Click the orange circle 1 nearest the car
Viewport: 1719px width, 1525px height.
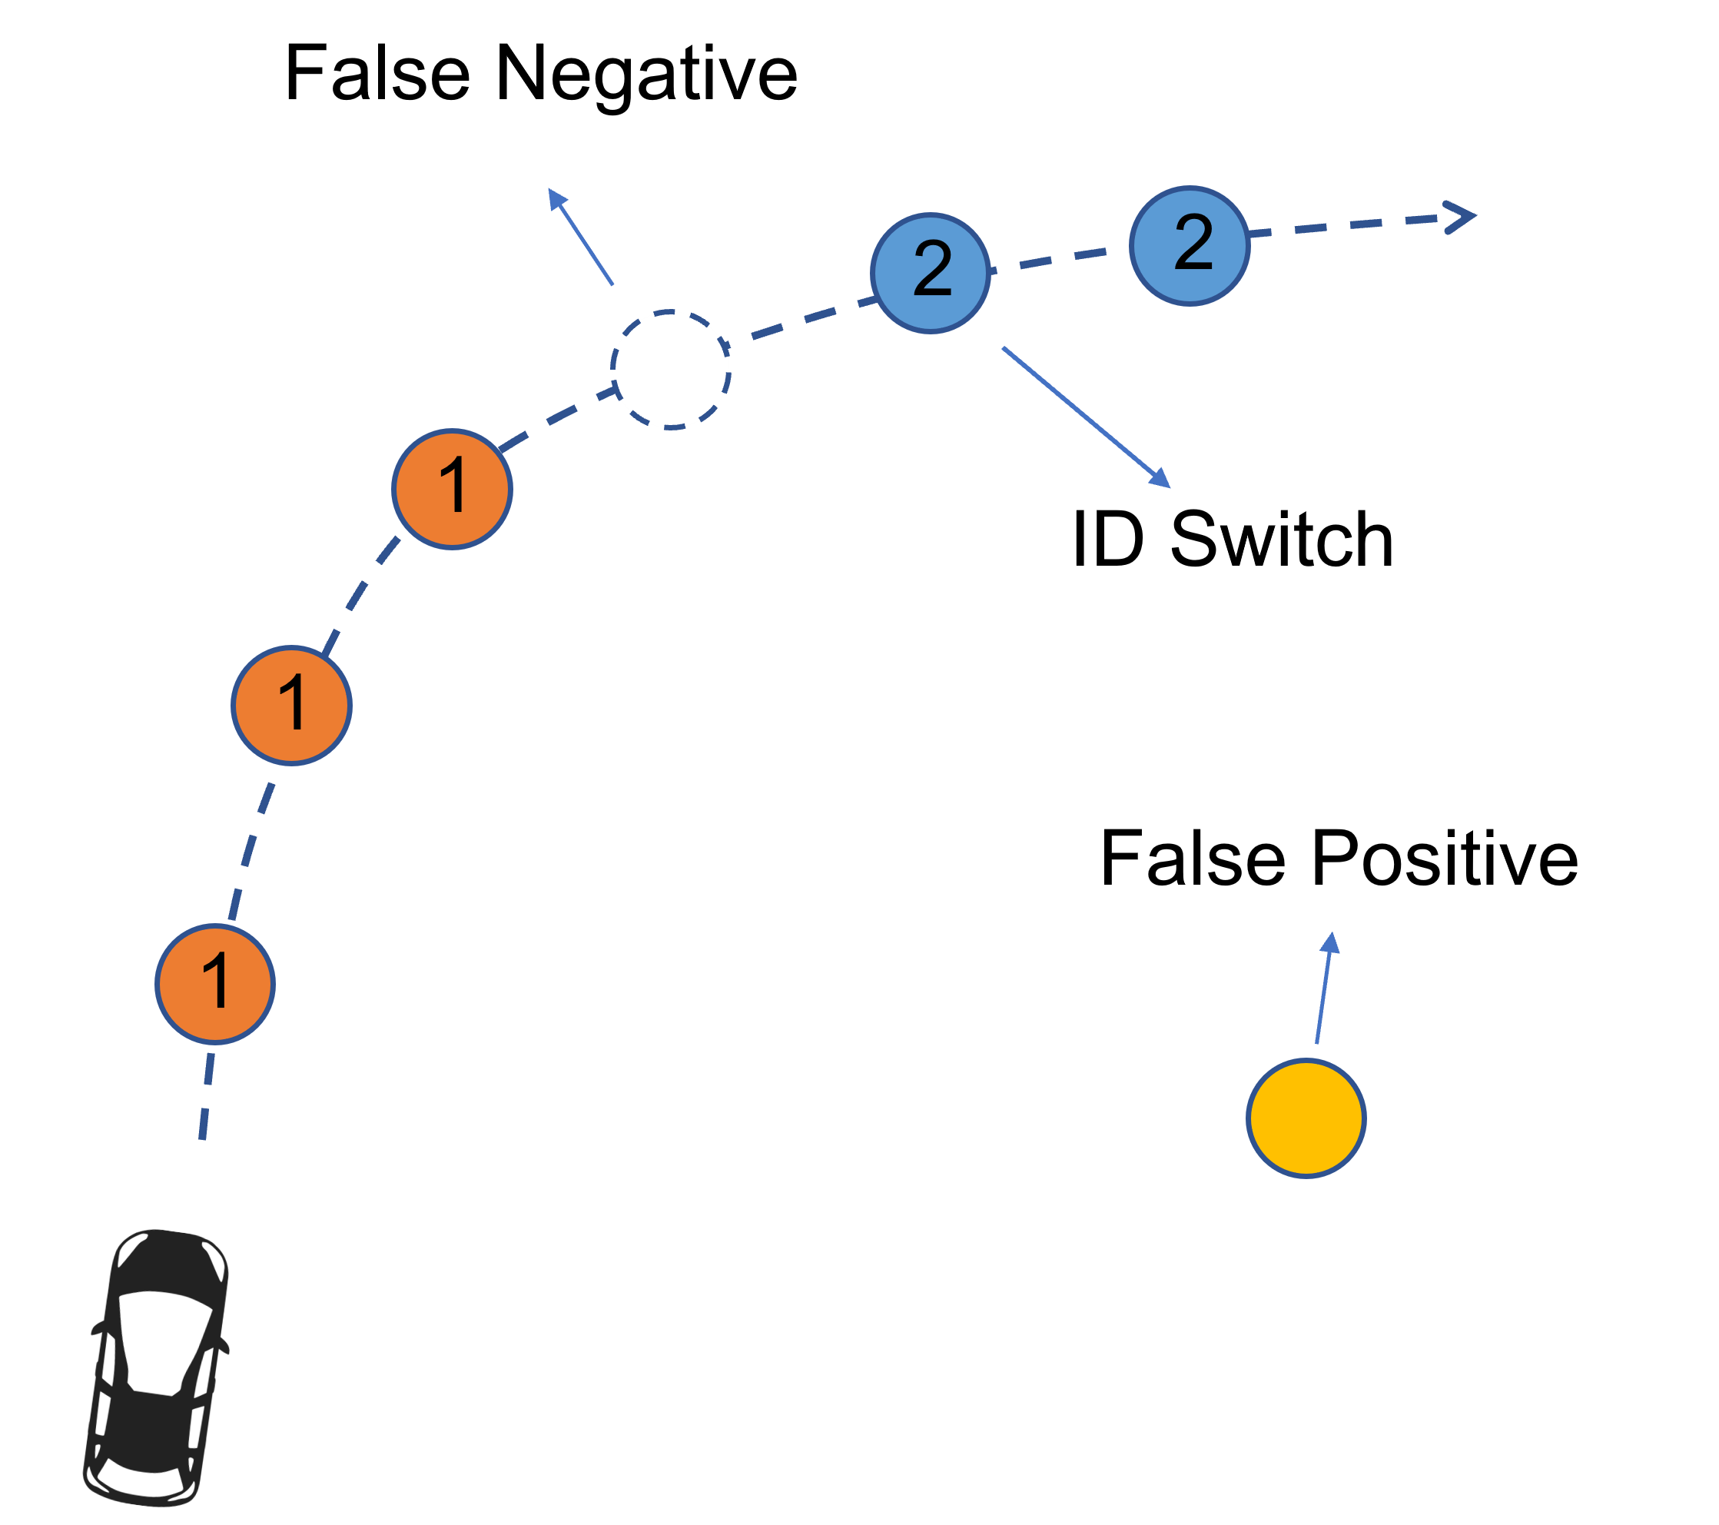coord(215,983)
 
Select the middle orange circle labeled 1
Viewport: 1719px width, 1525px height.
coord(292,705)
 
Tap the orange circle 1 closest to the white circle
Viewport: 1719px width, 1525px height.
coord(453,489)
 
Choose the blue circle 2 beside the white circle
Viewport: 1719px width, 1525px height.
coord(930,273)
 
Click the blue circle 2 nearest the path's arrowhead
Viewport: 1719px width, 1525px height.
coord(1190,246)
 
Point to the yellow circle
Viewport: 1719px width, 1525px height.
coord(1306,1118)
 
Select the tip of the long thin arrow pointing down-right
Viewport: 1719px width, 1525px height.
coord(1168,485)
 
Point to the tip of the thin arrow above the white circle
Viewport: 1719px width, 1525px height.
coord(550,190)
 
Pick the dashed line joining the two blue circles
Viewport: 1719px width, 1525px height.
coord(1060,257)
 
